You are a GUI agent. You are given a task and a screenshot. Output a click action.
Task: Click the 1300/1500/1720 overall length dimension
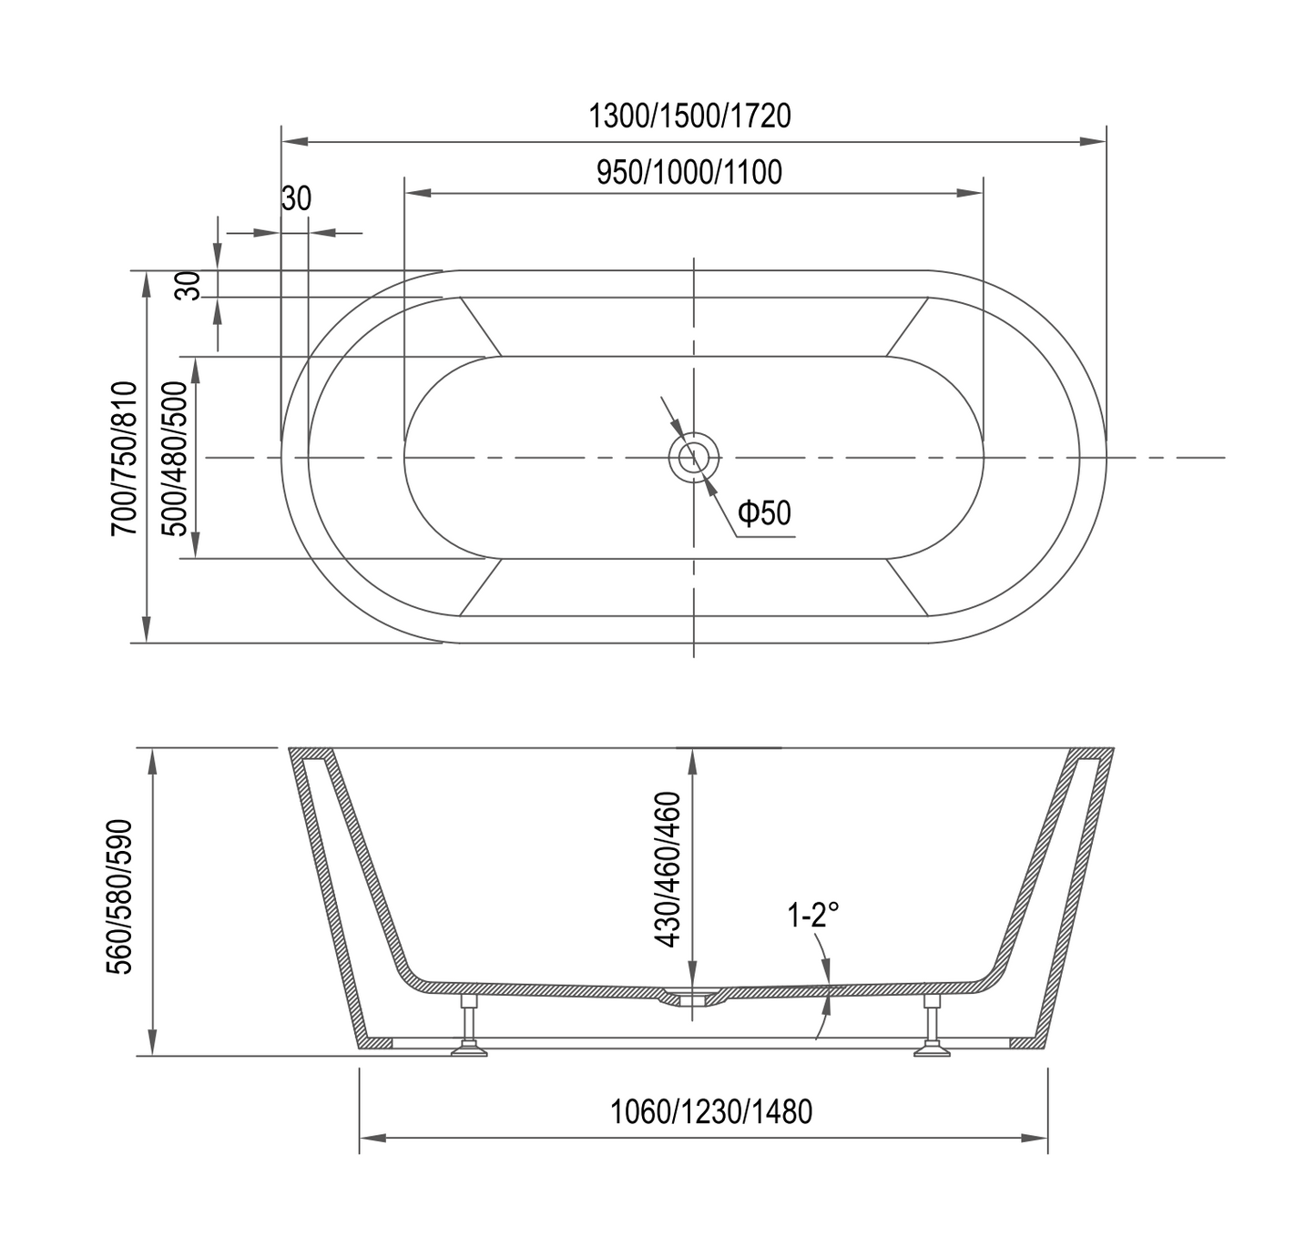pos(689,117)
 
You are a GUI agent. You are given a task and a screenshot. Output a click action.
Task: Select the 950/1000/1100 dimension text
pos(689,172)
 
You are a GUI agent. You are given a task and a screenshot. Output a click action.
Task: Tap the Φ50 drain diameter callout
pos(764,513)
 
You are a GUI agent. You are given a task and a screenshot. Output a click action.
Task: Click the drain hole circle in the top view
pos(694,457)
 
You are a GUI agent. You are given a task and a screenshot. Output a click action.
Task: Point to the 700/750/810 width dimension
pos(124,457)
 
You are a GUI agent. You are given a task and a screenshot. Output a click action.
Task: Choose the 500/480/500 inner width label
pos(179,457)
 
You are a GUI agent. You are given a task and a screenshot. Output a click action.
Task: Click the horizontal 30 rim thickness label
pos(296,198)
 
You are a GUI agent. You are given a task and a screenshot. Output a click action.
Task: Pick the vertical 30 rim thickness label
pos(189,285)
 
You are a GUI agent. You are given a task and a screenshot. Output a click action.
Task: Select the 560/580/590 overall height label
pos(121,897)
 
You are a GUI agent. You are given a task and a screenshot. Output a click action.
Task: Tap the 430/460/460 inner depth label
pos(669,869)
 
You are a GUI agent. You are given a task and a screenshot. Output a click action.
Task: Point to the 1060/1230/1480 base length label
pos(710,1111)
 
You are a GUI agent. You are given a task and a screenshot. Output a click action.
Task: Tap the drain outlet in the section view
pos(691,998)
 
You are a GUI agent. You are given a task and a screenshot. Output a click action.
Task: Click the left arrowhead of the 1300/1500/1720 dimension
pos(294,142)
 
